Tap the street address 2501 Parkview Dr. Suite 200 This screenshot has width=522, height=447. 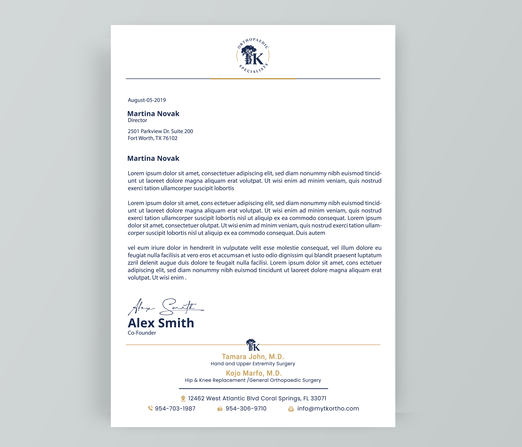160,131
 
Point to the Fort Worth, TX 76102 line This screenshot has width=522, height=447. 152,138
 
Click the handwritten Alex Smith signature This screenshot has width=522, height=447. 165,307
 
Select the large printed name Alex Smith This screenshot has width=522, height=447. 161,323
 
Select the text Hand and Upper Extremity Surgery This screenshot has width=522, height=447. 253,364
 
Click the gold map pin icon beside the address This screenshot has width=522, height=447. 183,399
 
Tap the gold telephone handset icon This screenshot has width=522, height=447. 150,408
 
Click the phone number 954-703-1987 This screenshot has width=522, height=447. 175,408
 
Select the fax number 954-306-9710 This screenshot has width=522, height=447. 246,408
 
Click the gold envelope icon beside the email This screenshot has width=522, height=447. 291,409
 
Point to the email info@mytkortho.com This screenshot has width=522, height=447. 328,408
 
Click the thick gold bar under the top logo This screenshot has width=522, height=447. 253,79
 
